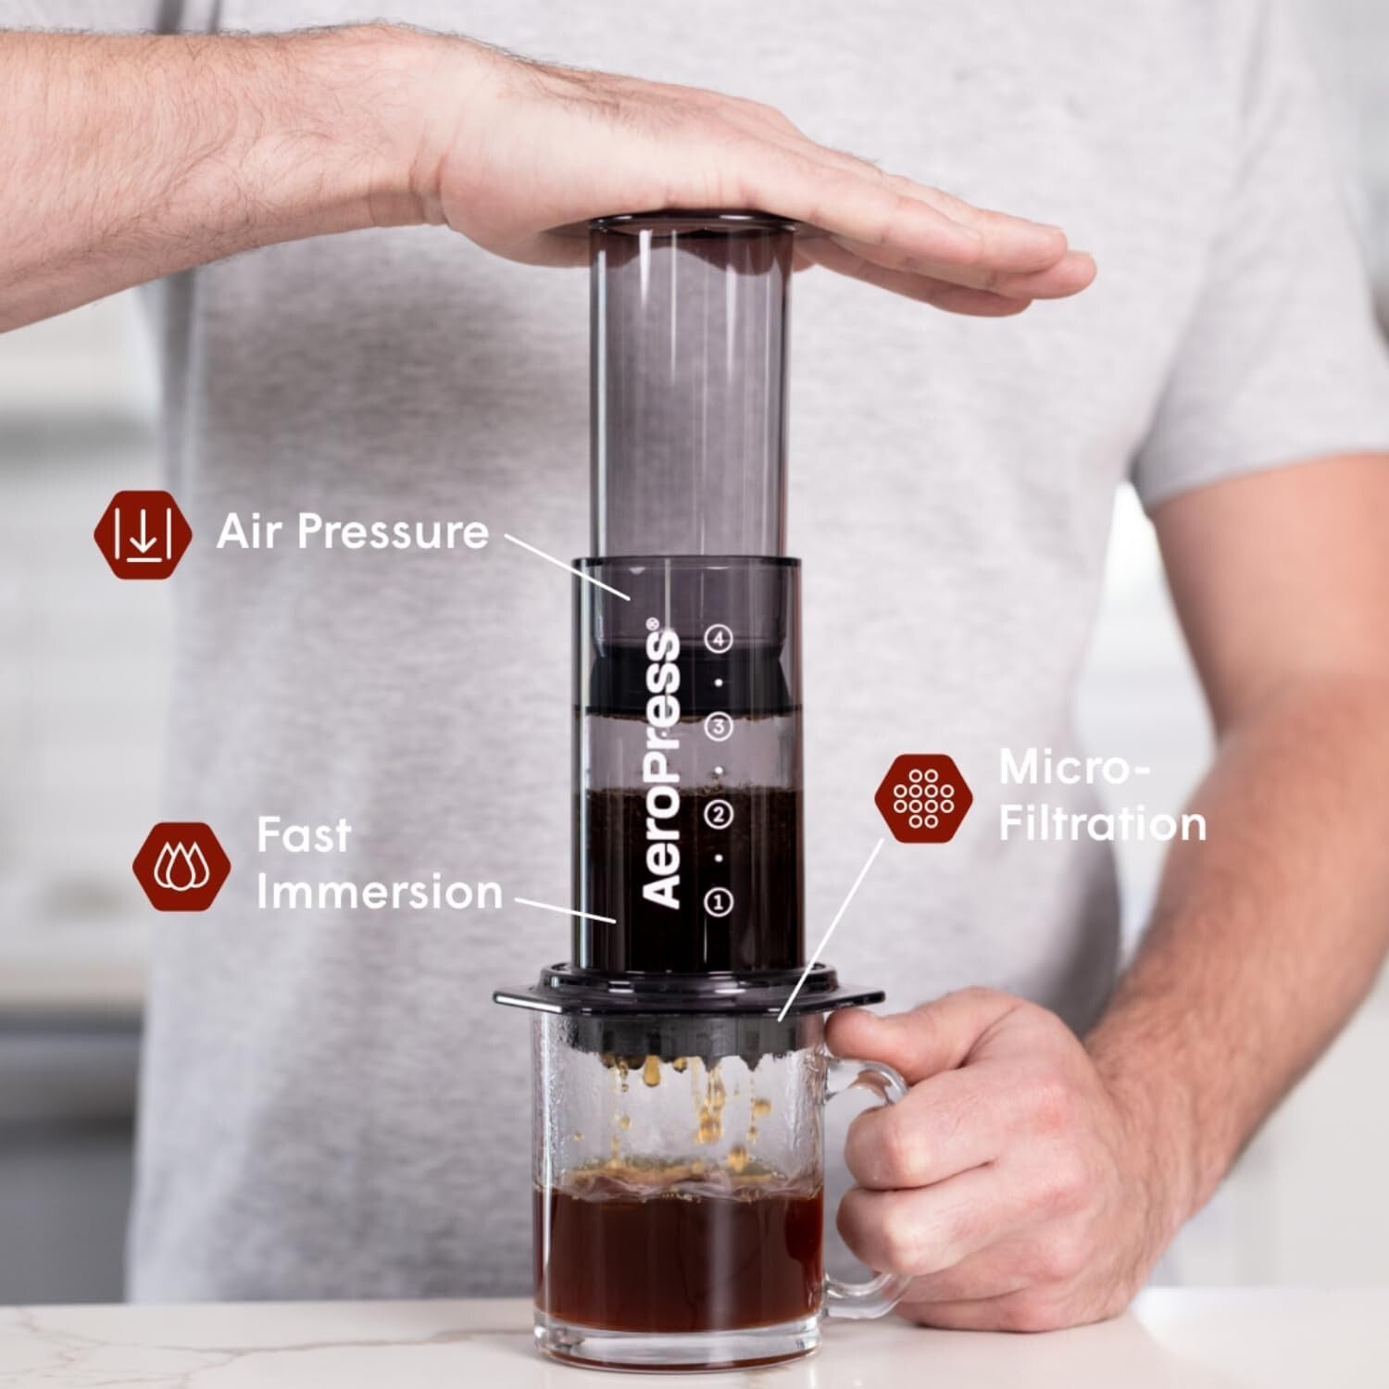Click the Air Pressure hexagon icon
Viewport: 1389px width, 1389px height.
pos(143,534)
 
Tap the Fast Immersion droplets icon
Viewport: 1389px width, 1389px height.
pos(181,866)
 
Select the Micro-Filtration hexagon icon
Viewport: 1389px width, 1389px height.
pos(923,798)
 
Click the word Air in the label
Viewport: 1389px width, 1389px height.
pos(249,532)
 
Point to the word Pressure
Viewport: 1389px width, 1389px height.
pos(393,532)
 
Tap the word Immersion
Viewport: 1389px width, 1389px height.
pos(380,892)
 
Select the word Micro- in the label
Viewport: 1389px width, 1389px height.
pos(1074,768)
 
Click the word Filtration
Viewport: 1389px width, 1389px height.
pos(1102,823)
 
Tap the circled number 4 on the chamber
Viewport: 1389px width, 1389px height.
pos(719,639)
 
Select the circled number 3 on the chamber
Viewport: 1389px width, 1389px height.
pos(719,727)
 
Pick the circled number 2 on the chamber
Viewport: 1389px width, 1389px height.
pos(719,815)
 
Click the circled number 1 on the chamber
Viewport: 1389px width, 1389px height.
pos(719,901)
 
